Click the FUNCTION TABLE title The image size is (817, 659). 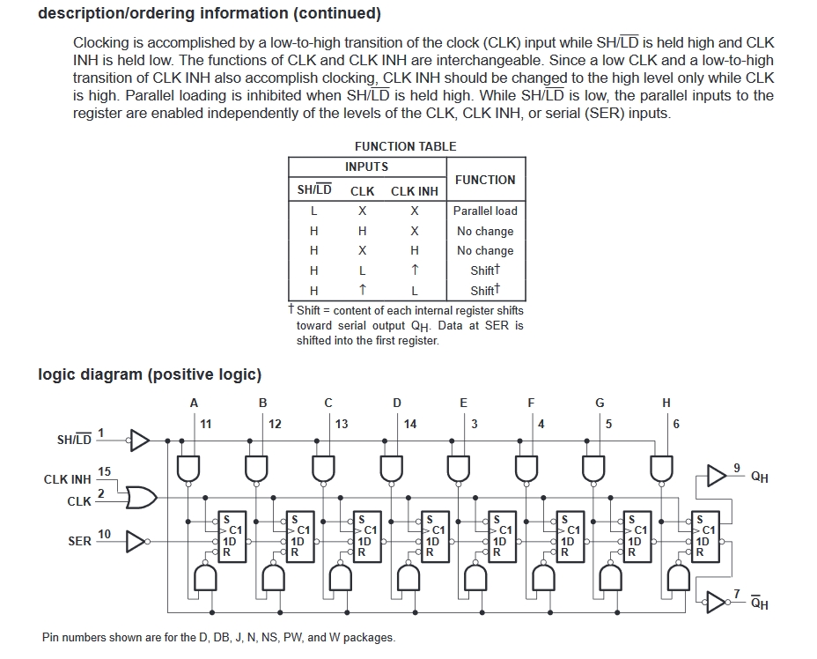point(405,146)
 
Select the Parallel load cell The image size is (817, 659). point(485,211)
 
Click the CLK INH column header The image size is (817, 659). point(415,191)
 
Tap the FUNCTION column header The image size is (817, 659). point(485,180)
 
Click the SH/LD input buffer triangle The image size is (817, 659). point(139,441)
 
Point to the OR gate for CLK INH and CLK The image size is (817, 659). point(141,498)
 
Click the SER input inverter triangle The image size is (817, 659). point(136,542)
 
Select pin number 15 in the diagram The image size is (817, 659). point(104,472)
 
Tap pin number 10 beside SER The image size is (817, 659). point(104,535)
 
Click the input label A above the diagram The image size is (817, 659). point(194,403)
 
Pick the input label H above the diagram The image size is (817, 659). point(666,403)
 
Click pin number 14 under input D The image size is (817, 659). point(410,425)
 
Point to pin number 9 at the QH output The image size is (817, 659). point(737,468)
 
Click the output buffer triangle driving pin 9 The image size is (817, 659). point(717,476)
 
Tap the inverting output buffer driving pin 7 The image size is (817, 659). point(717,602)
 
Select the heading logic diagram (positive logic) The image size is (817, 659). point(150,374)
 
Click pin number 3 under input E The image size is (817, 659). point(475,425)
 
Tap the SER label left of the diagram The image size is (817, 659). point(80,542)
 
